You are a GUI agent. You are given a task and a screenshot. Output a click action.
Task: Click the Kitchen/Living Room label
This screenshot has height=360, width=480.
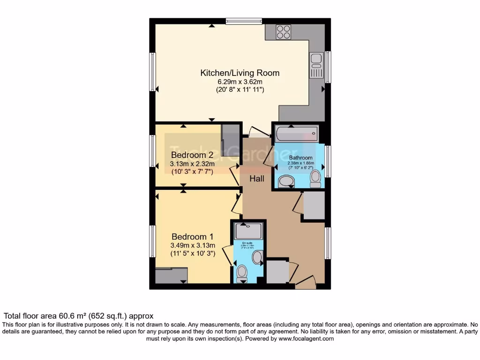(240, 73)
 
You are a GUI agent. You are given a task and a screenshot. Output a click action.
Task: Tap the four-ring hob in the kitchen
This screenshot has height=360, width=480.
(283, 31)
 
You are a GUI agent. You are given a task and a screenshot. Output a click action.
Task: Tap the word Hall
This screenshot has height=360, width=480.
(256, 179)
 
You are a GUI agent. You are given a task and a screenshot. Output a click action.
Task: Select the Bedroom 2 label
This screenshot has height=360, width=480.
(192, 155)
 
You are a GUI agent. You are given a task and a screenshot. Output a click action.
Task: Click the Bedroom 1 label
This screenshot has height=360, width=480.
(193, 236)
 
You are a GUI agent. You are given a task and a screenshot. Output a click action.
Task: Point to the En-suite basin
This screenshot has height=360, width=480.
(257, 257)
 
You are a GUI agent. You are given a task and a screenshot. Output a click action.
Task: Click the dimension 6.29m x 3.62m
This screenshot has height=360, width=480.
(240, 82)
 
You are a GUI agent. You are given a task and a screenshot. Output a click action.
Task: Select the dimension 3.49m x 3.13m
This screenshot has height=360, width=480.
(193, 245)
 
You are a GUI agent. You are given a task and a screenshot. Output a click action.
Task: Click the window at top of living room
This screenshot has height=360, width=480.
(243, 21)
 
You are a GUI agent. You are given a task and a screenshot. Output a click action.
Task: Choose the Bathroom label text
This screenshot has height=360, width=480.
(300, 157)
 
